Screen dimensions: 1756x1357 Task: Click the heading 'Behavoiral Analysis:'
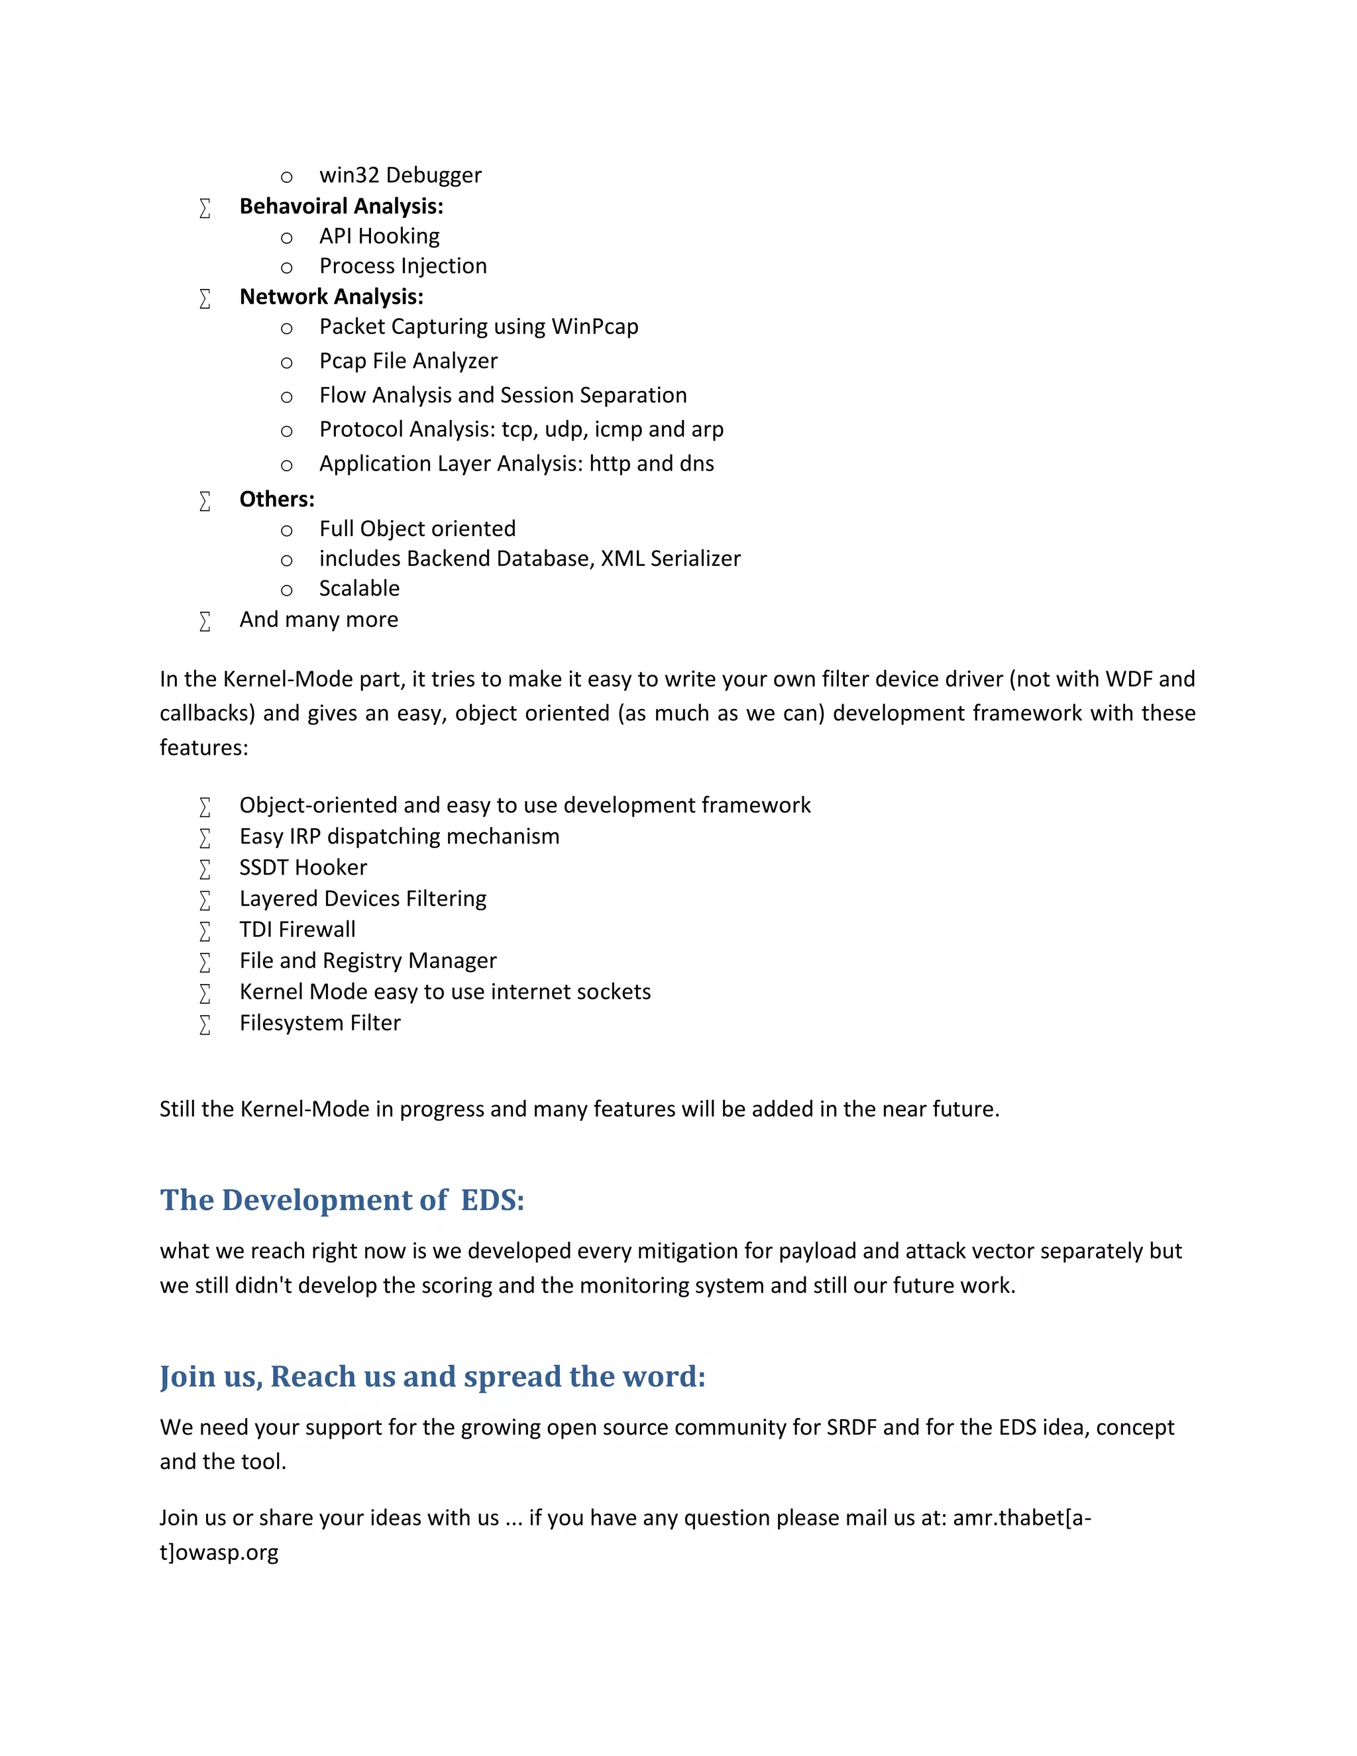click(341, 207)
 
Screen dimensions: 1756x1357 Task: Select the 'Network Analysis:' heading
click(331, 297)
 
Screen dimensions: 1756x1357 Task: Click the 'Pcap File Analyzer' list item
click(408, 361)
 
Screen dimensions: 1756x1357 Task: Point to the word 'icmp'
click(618, 429)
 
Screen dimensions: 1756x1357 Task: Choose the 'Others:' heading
click(276, 500)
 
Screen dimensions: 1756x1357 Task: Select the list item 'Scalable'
click(359, 588)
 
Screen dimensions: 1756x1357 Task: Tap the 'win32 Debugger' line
click(400, 176)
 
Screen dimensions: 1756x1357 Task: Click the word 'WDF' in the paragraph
click(1128, 679)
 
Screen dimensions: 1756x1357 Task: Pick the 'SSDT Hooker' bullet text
click(303, 867)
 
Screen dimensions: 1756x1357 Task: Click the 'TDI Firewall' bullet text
click(298, 930)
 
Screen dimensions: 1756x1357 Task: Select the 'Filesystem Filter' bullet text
click(320, 1022)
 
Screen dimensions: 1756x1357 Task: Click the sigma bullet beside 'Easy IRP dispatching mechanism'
click(205, 838)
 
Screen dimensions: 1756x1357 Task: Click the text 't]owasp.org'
click(219, 1552)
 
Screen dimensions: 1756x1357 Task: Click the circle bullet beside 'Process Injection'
click(286, 268)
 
